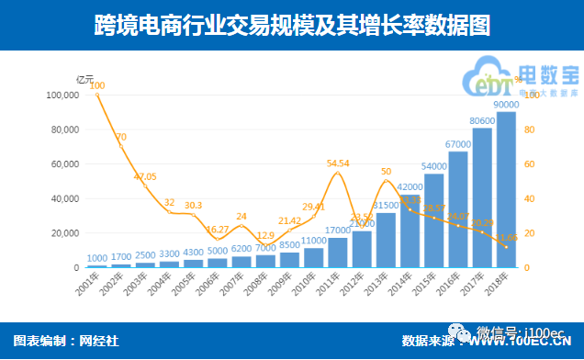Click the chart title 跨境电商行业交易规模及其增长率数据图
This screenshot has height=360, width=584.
coord(291,25)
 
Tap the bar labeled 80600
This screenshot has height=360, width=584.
coord(482,197)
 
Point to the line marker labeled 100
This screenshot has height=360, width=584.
coord(97,96)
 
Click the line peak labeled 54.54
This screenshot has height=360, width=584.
coord(338,173)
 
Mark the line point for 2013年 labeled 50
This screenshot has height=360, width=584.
coord(386,181)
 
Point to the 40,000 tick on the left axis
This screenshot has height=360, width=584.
coord(64,198)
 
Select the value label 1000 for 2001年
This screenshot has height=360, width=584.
coord(98,258)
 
